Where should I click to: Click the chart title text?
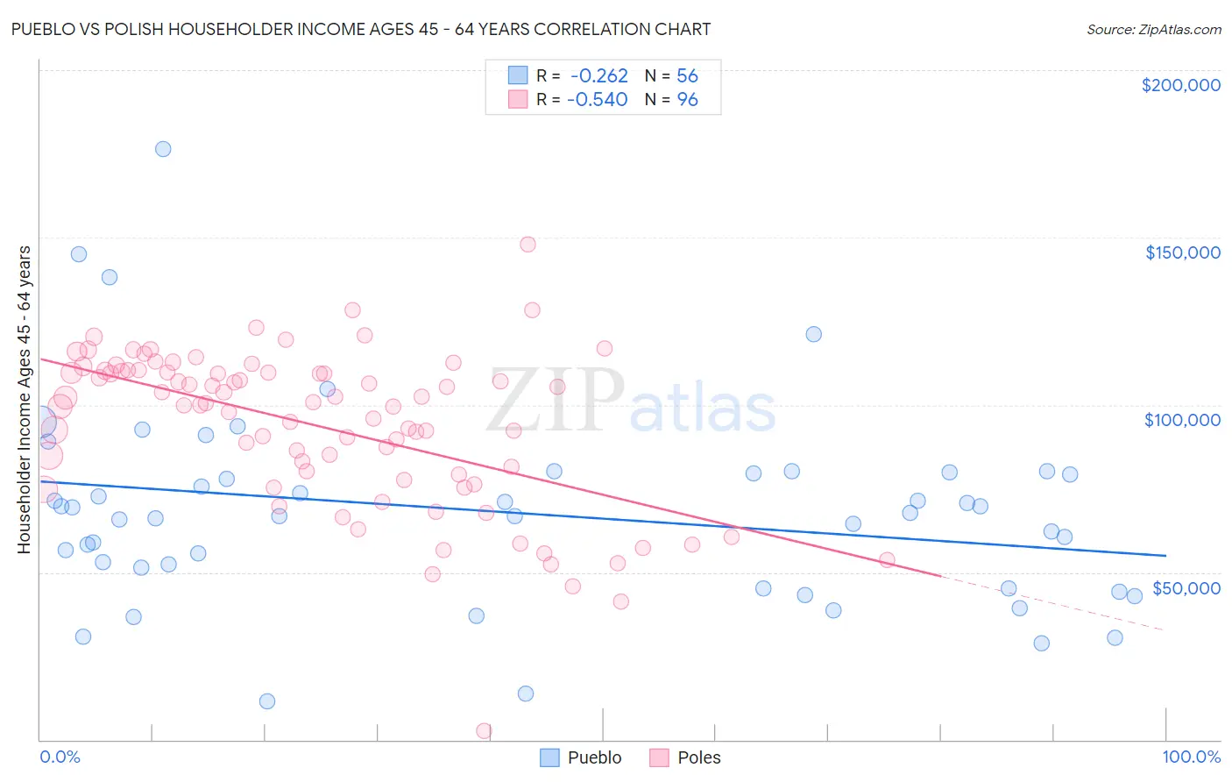pos(361,29)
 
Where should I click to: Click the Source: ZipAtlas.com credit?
pos(1154,29)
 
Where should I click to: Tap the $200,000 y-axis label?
pos(1180,85)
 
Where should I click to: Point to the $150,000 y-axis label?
pos(1182,252)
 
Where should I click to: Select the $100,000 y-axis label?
pos(1182,420)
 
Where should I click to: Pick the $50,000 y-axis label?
pos(1186,587)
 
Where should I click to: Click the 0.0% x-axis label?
pos(60,757)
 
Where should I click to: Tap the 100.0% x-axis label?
pos(1191,757)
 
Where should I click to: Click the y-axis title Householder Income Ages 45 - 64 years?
pos(25,399)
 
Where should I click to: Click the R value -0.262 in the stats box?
pos(599,75)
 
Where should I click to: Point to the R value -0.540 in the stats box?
pos(598,100)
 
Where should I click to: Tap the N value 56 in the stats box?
pos(687,75)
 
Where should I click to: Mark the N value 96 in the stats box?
pos(687,100)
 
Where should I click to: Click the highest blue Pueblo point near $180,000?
pos(163,149)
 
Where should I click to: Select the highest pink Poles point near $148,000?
pos(527,245)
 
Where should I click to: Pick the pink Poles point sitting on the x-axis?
pos(484,731)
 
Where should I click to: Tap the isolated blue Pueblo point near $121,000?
pos(814,334)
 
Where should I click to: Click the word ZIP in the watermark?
pos(556,400)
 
